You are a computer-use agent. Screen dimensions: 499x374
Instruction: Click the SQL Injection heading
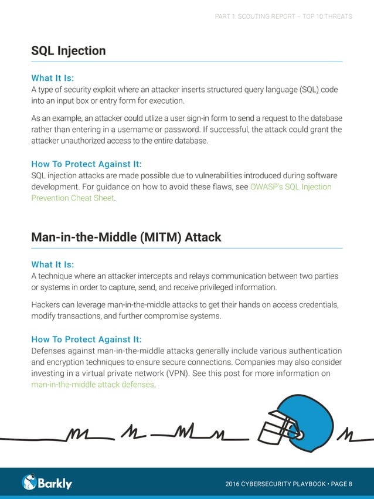(68, 51)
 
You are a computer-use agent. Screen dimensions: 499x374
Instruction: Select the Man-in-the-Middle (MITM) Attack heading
(126, 237)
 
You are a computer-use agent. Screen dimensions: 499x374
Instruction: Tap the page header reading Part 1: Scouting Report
(284, 16)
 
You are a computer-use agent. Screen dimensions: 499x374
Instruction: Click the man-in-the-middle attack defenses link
(93, 385)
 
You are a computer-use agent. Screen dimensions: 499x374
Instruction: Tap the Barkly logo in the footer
(47, 483)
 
